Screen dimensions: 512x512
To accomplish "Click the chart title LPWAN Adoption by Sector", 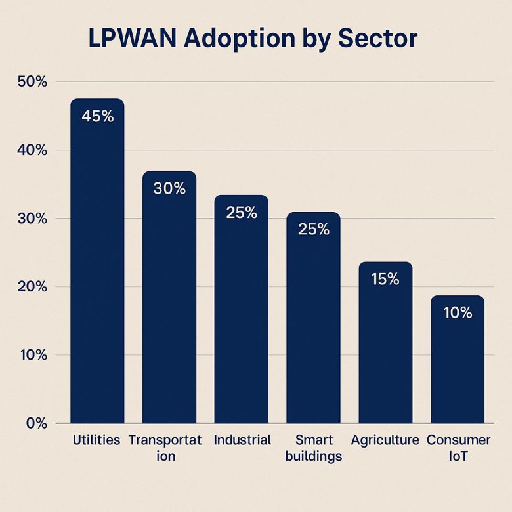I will click(x=253, y=39).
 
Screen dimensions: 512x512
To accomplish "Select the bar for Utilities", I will click(x=97, y=263).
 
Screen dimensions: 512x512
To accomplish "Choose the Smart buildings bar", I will click(x=313, y=318).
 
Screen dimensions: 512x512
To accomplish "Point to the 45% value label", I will click(x=98, y=116).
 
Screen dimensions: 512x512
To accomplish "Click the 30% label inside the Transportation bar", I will click(x=169, y=188).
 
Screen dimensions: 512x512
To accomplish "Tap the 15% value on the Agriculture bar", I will click(x=385, y=279).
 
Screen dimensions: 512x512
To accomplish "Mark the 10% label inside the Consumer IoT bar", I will click(x=458, y=312).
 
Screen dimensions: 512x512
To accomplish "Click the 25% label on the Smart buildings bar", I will click(x=314, y=230).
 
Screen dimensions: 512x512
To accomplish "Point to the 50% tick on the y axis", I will click(x=33, y=82).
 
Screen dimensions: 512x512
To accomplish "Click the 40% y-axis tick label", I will click(x=33, y=150).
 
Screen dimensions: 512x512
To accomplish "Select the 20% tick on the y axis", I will click(x=33, y=287).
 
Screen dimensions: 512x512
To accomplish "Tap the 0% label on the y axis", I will click(x=36, y=423).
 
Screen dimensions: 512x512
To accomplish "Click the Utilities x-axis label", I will click(x=96, y=440).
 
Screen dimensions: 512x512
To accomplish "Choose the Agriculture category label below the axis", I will click(x=385, y=440).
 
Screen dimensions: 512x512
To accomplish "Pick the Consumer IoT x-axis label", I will click(x=458, y=448).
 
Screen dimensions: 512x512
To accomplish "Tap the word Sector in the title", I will click(x=377, y=39).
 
